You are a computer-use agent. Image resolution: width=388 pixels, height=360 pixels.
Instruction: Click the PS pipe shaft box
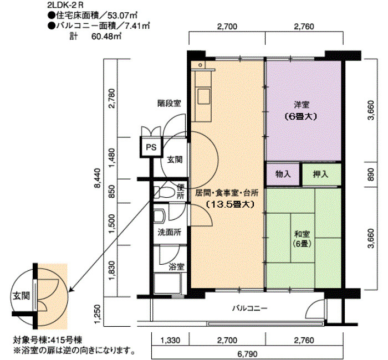(151, 147)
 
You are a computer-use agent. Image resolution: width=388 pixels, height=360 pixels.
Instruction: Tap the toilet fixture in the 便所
(164, 192)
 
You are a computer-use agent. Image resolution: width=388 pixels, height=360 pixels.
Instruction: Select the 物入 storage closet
(283, 174)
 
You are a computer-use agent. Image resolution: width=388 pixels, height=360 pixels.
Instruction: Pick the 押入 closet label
(320, 174)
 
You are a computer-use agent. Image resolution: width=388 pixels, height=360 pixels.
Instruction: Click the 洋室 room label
(302, 105)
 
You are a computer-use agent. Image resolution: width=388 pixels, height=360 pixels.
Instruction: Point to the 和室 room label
(302, 233)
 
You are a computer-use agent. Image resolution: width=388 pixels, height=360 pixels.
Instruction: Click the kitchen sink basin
(203, 97)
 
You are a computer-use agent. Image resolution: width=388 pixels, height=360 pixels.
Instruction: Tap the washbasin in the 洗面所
(159, 216)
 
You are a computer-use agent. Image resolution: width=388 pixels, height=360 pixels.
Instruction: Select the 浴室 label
(176, 267)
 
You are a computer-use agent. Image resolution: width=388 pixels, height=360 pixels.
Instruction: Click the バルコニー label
(249, 308)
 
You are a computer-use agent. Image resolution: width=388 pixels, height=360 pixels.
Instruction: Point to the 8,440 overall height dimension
(98, 178)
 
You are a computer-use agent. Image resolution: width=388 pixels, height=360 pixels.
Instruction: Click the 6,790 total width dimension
(247, 354)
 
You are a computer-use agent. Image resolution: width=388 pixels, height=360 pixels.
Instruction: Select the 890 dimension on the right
(371, 174)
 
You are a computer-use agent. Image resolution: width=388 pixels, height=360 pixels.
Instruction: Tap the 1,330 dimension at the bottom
(170, 341)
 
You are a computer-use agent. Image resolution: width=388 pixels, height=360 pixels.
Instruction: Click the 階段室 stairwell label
(169, 103)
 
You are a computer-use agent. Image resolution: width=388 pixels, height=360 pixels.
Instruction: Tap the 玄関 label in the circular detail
(22, 296)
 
